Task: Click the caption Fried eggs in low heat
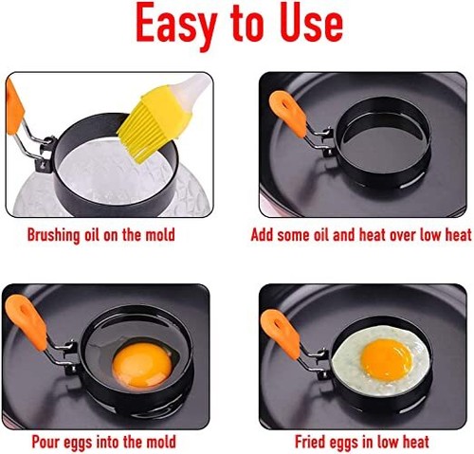coord(362,442)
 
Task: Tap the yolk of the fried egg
coord(387,357)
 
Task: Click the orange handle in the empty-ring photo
coord(285,112)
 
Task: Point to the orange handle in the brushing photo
coord(13,107)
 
